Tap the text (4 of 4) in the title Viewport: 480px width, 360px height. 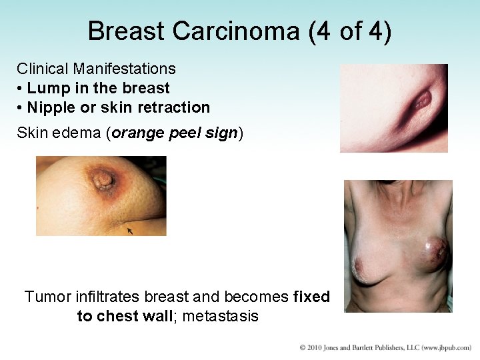[x=351, y=31]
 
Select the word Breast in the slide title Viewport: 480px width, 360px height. [x=126, y=31]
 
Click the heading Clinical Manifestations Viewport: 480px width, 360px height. [x=96, y=69]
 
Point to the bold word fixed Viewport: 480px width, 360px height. [x=311, y=297]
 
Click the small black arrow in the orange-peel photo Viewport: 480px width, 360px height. [x=129, y=231]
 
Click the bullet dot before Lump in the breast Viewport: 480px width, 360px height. [x=21, y=89]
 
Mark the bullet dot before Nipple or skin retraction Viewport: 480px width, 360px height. [x=21, y=108]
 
